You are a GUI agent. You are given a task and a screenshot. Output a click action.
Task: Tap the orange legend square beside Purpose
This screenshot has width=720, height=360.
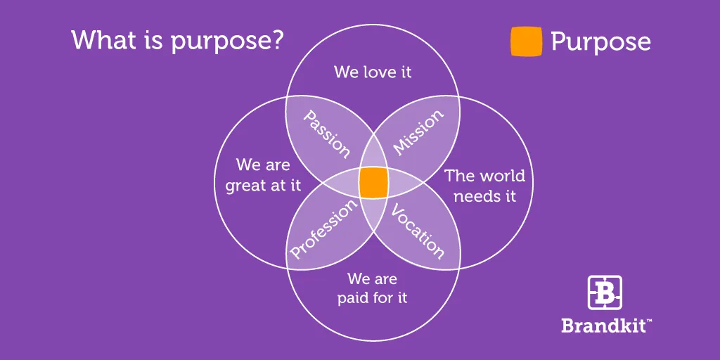click(x=526, y=41)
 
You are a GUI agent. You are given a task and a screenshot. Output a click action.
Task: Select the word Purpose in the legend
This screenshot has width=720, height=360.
click(x=600, y=42)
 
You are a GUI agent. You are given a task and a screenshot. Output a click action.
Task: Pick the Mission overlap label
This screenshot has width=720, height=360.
click(x=418, y=131)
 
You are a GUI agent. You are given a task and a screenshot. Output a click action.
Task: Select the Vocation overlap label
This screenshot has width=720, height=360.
click(x=418, y=231)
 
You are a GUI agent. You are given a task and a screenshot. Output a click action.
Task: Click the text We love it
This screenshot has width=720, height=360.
click(x=373, y=72)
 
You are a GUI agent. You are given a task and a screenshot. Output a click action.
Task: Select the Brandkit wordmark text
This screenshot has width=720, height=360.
click(x=603, y=326)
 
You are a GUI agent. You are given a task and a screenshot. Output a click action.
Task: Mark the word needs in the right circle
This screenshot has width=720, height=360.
click(x=474, y=195)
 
